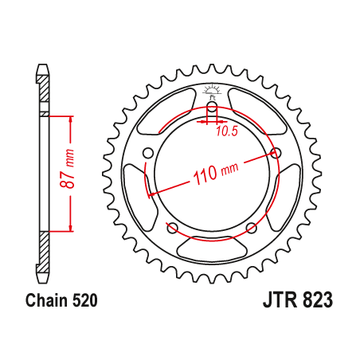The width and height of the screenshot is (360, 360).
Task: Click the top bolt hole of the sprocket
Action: [212, 108]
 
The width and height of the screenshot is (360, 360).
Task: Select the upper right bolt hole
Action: [276, 153]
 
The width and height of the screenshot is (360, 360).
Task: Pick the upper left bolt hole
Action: [147, 153]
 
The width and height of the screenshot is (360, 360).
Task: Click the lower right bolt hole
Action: [252, 229]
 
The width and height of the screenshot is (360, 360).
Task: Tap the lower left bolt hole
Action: [172, 229]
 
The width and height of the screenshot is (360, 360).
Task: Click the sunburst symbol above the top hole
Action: [212, 90]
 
